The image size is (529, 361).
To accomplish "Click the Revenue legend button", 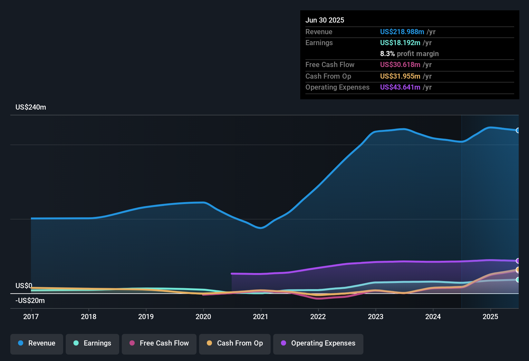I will tap(37, 343).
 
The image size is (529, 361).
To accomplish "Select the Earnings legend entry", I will tap(92, 343).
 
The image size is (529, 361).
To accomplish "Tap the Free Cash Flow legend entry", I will tap(159, 343).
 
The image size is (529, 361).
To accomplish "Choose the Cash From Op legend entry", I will tap(235, 343).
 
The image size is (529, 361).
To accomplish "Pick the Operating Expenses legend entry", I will tap(318, 343).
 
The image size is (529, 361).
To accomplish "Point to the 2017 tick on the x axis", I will tap(31, 317).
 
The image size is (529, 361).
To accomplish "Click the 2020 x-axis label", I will tap(203, 317).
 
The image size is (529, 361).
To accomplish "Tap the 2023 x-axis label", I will tap(376, 317).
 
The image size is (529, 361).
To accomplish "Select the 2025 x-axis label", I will tap(490, 317).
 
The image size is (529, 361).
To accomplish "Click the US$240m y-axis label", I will tap(31, 107).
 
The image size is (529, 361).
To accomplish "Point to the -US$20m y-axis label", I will tap(30, 301).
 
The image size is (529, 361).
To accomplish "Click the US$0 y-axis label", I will tap(24, 286).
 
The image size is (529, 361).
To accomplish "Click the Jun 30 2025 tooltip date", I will tap(325, 20).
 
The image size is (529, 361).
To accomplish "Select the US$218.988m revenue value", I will tap(402, 32).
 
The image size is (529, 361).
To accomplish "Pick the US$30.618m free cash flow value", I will tap(400, 65).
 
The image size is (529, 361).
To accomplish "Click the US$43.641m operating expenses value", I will tap(400, 87).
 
